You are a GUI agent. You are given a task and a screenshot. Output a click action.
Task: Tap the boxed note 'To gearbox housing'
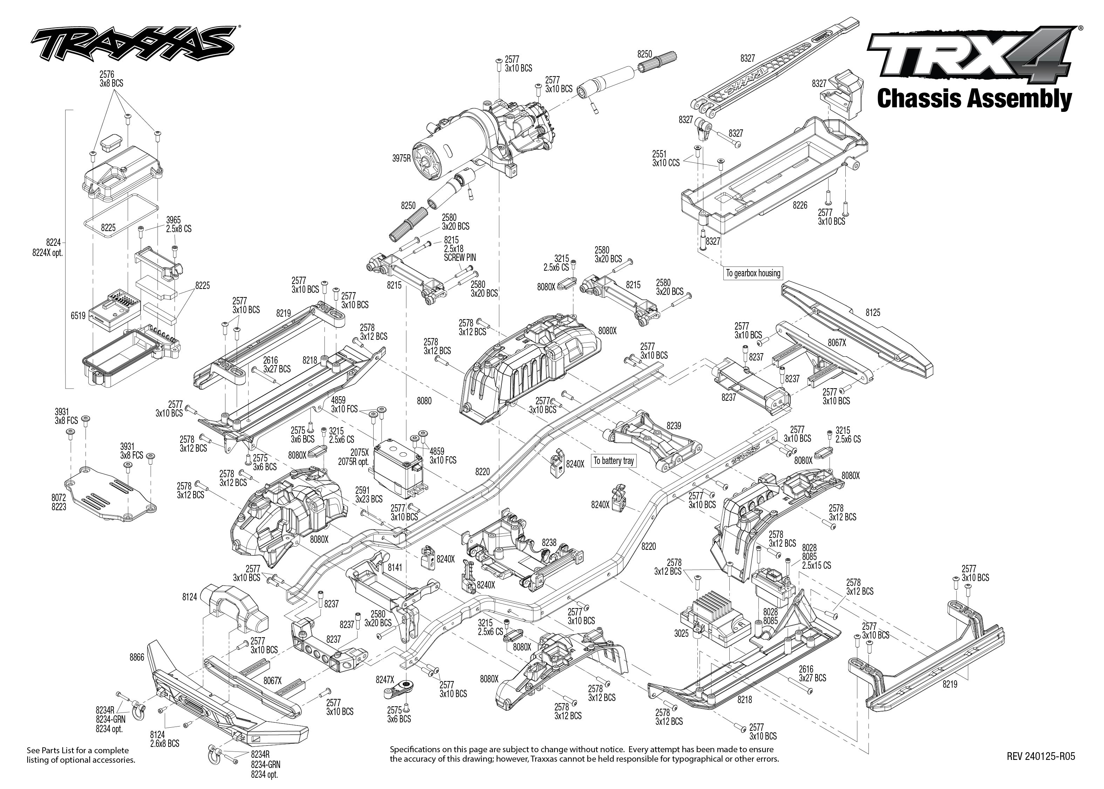point(753,273)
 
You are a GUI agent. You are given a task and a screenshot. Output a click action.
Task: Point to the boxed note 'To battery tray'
point(614,460)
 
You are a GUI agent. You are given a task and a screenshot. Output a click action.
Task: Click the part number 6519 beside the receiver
point(78,316)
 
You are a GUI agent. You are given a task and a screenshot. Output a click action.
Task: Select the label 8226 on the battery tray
point(800,205)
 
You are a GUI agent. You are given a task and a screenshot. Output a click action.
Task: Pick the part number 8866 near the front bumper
point(137,657)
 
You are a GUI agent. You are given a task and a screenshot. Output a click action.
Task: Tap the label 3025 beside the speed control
point(681,634)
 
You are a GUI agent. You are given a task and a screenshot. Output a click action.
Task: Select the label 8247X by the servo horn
point(385,680)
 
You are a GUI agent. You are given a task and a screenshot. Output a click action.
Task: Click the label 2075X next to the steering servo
point(359,452)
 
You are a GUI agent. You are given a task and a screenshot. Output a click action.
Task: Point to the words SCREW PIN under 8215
point(460,257)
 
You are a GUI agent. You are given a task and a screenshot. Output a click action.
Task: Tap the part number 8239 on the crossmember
point(673,426)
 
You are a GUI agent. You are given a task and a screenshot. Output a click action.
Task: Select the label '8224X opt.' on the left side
point(48,253)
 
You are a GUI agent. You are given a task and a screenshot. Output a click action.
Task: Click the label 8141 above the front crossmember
point(395,567)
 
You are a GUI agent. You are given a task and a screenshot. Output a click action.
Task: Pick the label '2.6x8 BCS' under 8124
point(165,743)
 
